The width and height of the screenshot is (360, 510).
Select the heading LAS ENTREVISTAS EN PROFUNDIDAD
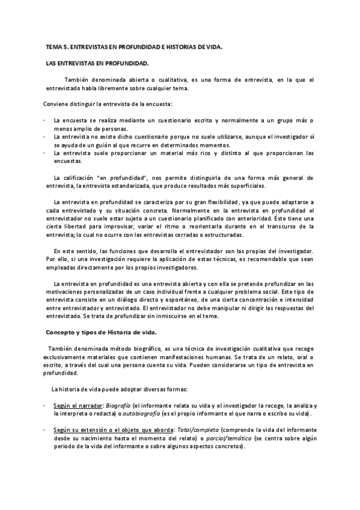(x=97, y=63)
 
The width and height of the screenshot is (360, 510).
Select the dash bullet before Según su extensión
(x=45, y=431)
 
